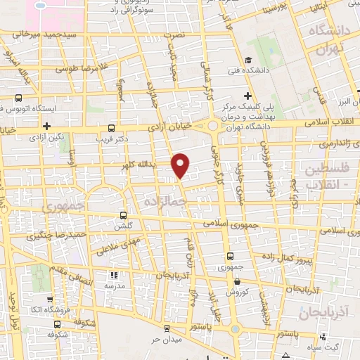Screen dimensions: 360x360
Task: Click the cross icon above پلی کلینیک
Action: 247,96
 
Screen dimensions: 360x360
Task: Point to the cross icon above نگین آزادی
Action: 46,127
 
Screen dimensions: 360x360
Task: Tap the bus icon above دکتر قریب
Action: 112,128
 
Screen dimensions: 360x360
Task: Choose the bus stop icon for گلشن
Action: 124,216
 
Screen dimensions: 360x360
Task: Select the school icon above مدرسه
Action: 114,276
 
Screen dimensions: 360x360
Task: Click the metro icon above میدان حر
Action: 165,327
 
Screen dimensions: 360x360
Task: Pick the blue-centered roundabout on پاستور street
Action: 233,330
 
